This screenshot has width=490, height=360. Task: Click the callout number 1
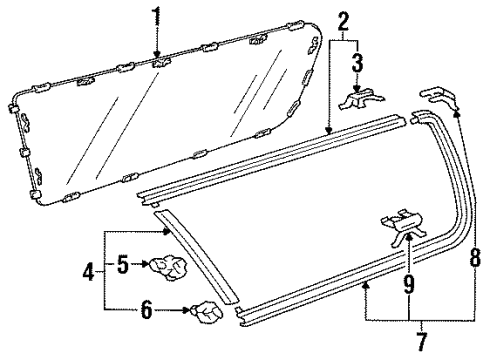[x=155, y=17]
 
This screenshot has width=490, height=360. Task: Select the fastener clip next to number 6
[x=207, y=313]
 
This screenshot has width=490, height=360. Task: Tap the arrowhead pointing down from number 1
[x=155, y=52]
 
